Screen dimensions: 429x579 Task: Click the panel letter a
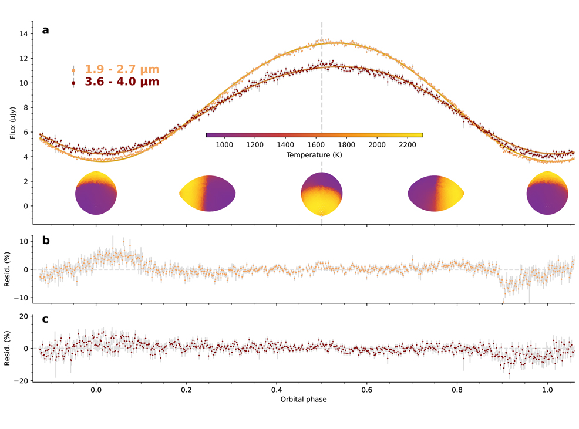pyautogui.click(x=45, y=30)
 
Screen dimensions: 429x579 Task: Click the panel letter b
pyautogui.click(x=45, y=241)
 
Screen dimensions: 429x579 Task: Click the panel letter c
pyautogui.click(x=45, y=319)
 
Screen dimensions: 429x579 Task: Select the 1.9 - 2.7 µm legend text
pyautogui.click(x=122, y=70)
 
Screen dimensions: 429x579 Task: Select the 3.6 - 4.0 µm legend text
pyautogui.click(x=122, y=82)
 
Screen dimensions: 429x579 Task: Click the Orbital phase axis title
pyautogui.click(x=303, y=399)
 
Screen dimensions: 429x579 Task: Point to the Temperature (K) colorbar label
pyautogui.click(x=314, y=155)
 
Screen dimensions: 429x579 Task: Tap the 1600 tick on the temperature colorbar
pyautogui.click(x=316, y=144)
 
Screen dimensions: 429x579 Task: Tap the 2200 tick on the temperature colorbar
pyautogui.click(x=407, y=144)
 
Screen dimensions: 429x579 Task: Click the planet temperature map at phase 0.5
pyautogui.click(x=321, y=194)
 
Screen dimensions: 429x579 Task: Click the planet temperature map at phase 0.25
pyautogui.click(x=207, y=194)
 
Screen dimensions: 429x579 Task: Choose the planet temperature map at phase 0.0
pyautogui.click(x=96, y=193)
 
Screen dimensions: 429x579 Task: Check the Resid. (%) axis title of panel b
pyautogui.click(x=14, y=269)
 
